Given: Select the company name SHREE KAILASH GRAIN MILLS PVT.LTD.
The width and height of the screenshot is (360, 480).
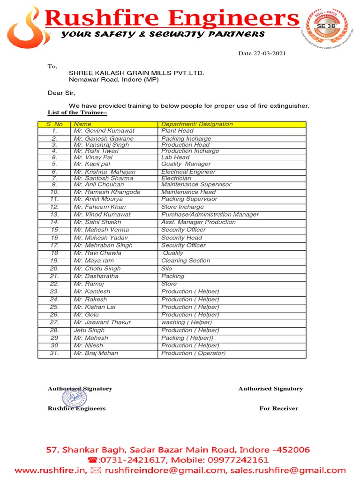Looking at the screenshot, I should click(x=136, y=73).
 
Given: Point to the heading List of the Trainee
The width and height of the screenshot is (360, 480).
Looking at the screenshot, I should click(x=77, y=113).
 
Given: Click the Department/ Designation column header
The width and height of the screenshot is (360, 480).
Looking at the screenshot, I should click(x=197, y=124).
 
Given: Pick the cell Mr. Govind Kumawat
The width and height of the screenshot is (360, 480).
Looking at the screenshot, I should click(x=104, y=131).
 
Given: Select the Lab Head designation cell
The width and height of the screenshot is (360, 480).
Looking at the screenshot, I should click(x=175, y=157).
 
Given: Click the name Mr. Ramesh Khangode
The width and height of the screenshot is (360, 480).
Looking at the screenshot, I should click(x=107, y=192).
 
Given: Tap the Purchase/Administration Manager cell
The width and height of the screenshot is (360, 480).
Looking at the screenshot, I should click(x=210, y=214).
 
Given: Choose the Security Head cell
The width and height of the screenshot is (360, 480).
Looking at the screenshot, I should click(x=182, y=238).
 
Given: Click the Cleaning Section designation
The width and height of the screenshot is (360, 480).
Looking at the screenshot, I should click(x=186, y=261).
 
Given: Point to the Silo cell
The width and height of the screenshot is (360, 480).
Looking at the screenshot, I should click(x=166, y=269).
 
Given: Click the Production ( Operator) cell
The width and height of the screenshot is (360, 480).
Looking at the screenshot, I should click(x=193, y=353).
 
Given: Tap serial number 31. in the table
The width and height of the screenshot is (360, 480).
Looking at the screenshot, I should click(x=54, y=353).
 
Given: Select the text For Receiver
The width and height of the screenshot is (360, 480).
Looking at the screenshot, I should click(x=278, y=408).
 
